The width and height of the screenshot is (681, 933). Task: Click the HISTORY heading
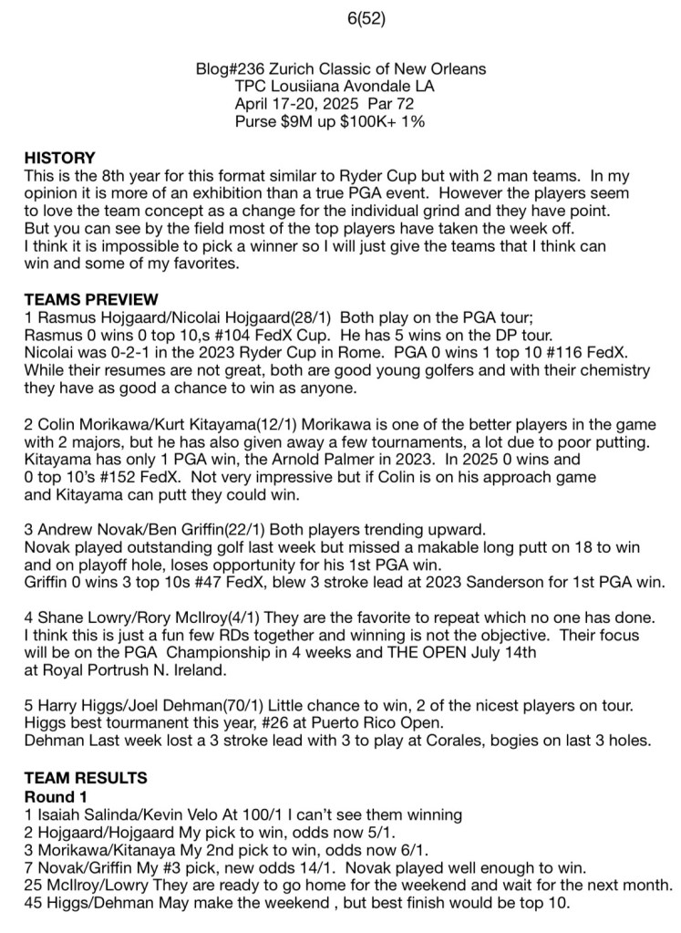(x=59, y=157)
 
